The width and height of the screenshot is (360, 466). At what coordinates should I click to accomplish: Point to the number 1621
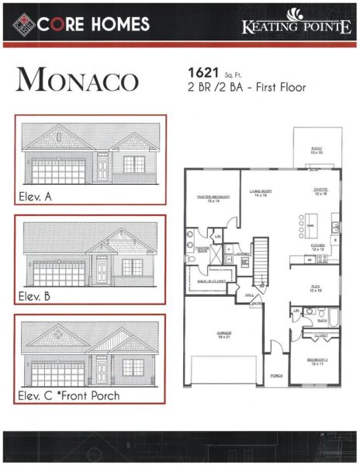[201, 72]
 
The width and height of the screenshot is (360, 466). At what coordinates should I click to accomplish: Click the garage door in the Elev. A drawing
[59, 171]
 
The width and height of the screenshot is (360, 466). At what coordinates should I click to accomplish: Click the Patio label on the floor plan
[317, 149]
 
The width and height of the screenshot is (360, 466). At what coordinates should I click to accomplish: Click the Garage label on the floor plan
[224, 333]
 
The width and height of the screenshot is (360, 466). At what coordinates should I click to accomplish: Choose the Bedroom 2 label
[314, 361]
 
